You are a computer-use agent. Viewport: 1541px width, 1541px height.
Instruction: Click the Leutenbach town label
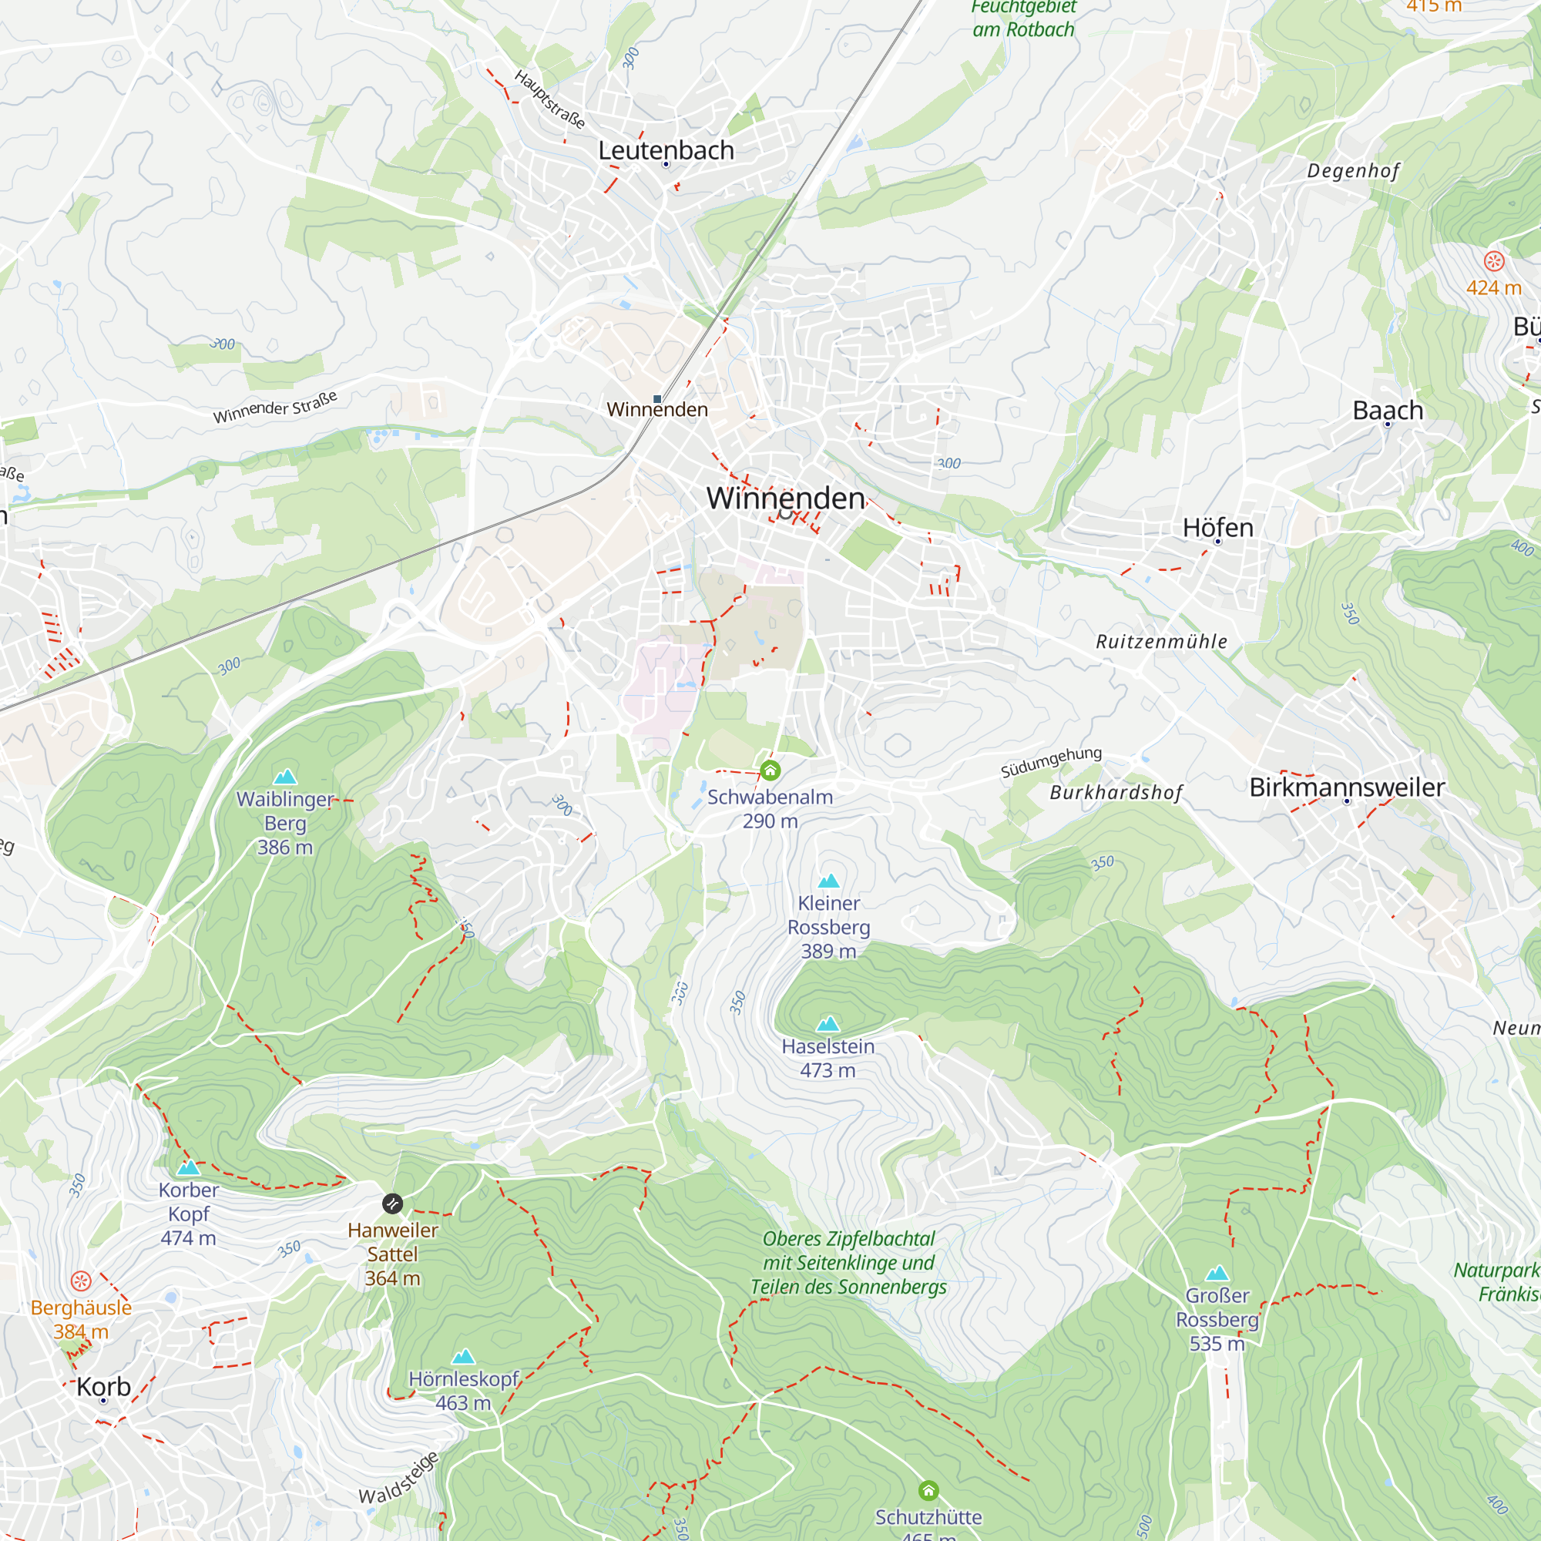pos(666,150)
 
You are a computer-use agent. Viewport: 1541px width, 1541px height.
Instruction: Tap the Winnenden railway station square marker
pos(657,399)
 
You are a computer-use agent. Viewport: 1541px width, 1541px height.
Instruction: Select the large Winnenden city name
pos(786,499)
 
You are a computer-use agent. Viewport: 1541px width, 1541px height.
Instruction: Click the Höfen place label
pos(1217,527)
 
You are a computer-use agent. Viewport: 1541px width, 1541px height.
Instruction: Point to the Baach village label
pos(1388,410)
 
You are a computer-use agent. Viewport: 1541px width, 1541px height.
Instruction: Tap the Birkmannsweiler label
pos(1347,787)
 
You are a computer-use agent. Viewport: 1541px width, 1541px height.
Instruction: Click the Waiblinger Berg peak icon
pos(285,777)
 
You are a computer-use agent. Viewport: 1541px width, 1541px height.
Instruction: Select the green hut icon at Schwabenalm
pos(770,770)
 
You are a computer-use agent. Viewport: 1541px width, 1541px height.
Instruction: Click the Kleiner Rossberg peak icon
pos(829,881)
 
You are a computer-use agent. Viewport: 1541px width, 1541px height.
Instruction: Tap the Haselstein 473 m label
pos(828,1059)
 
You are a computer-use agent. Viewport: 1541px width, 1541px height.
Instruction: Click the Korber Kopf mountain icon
pos(188,1168)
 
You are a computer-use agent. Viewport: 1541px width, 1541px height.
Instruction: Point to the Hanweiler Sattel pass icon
pos(392,1204)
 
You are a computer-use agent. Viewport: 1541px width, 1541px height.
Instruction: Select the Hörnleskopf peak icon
pos(463,1357)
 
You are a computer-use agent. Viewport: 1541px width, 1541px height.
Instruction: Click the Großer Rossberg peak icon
pos(1217,1274)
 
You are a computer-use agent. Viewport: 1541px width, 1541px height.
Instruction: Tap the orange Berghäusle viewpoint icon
pos(81,1282)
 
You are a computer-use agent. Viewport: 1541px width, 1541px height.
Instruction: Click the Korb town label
pos(104,1386)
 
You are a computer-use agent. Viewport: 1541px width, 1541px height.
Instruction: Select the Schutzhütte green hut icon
pos(928,1491)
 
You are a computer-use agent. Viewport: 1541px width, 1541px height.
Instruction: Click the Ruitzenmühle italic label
pos(1161,641)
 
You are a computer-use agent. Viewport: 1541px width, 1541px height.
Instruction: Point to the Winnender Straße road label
pos(275,407)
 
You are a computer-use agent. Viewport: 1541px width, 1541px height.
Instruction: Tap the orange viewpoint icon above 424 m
pos(1494,261)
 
